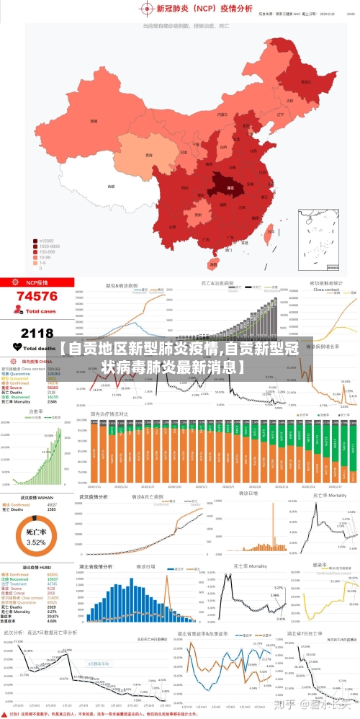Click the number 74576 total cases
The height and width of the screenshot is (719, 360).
[x=37, y=296]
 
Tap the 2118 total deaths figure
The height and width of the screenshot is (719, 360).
[x=37, y=333]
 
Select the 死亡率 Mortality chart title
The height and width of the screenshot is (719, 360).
[x=328, y=496]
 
